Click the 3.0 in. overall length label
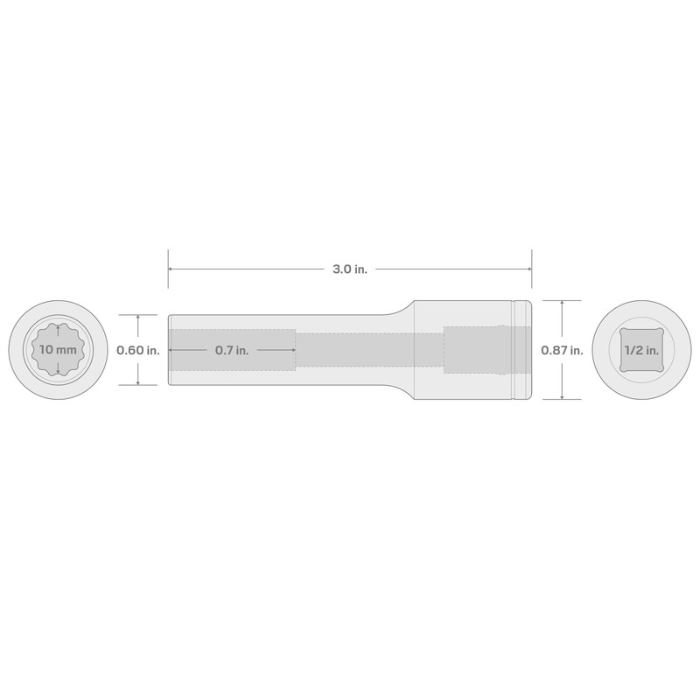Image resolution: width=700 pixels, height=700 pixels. (x=349, y=269)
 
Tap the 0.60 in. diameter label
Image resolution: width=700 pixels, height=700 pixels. (x=138, y=351)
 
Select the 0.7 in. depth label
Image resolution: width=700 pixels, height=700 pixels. (x=232, y=351)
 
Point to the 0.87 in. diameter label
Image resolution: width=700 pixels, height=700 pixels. (x=562, y=351)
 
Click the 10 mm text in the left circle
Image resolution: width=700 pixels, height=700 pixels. (x=58, y=349)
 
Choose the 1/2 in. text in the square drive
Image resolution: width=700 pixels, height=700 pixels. (x=641, y=351)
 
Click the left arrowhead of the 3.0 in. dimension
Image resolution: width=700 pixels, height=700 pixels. (x=171, y=269)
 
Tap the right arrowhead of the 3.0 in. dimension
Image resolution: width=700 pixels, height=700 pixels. (x=529, y=269)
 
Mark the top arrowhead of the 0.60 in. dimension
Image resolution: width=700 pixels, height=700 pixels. (x=138, y=318)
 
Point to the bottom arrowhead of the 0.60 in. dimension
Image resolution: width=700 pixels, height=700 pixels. (x=138, y=382)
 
